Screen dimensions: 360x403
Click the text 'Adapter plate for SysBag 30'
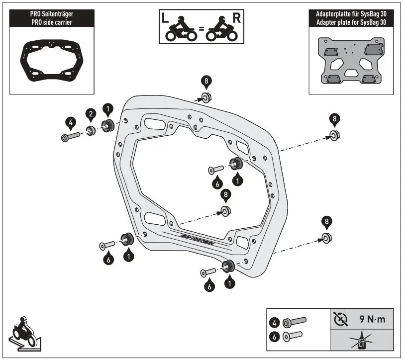pos(351,21)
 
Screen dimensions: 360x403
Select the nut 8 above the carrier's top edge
pos(204,96)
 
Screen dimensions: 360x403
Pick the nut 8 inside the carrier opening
pos(225,211)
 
